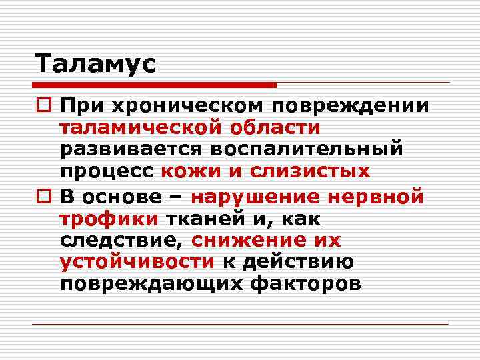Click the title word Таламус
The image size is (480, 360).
tap(95, 64)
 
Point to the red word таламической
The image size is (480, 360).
tap(141, 128)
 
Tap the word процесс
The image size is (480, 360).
tap(107, 172)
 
